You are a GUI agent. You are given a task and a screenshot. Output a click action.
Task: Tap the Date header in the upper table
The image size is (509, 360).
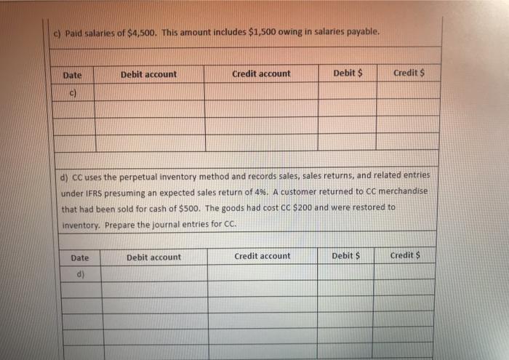click(x=72, y=75)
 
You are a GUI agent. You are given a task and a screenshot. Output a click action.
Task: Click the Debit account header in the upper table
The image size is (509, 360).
click(x=148, y=74)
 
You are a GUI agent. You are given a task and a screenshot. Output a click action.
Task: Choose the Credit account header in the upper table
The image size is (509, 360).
click(x=261, y=73)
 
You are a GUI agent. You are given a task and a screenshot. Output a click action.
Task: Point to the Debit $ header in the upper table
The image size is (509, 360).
click(x=348, y=73)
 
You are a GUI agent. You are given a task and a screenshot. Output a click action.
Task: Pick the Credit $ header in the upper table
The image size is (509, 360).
click(x=409, y=73)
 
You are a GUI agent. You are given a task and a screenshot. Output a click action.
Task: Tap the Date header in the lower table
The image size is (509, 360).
click(x=81, y=257)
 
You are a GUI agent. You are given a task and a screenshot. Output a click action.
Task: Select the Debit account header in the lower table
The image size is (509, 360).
click(x=153, y=257)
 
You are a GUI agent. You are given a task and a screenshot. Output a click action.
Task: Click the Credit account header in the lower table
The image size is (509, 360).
click(x=262, y=256)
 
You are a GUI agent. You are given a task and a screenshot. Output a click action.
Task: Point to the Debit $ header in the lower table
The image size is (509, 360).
click(x=346, y=256)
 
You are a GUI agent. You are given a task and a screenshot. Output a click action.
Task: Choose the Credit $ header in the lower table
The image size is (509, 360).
click(x=406, y=255)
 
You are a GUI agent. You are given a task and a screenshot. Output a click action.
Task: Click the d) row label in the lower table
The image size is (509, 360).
click(x=81, y=273)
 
